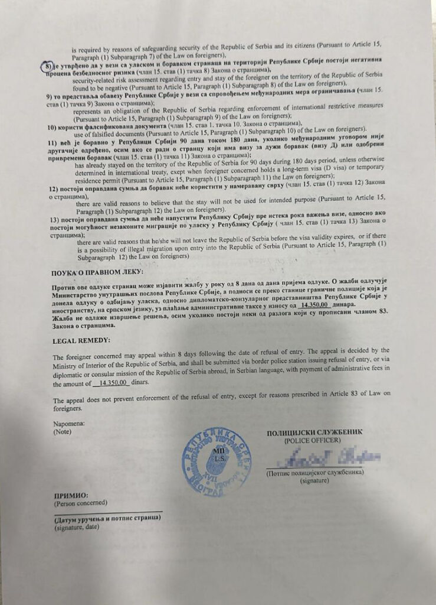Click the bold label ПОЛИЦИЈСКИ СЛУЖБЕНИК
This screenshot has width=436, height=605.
pos(314,432)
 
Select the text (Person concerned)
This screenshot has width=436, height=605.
pos(80,503)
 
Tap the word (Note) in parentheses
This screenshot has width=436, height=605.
pos(62,431)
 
